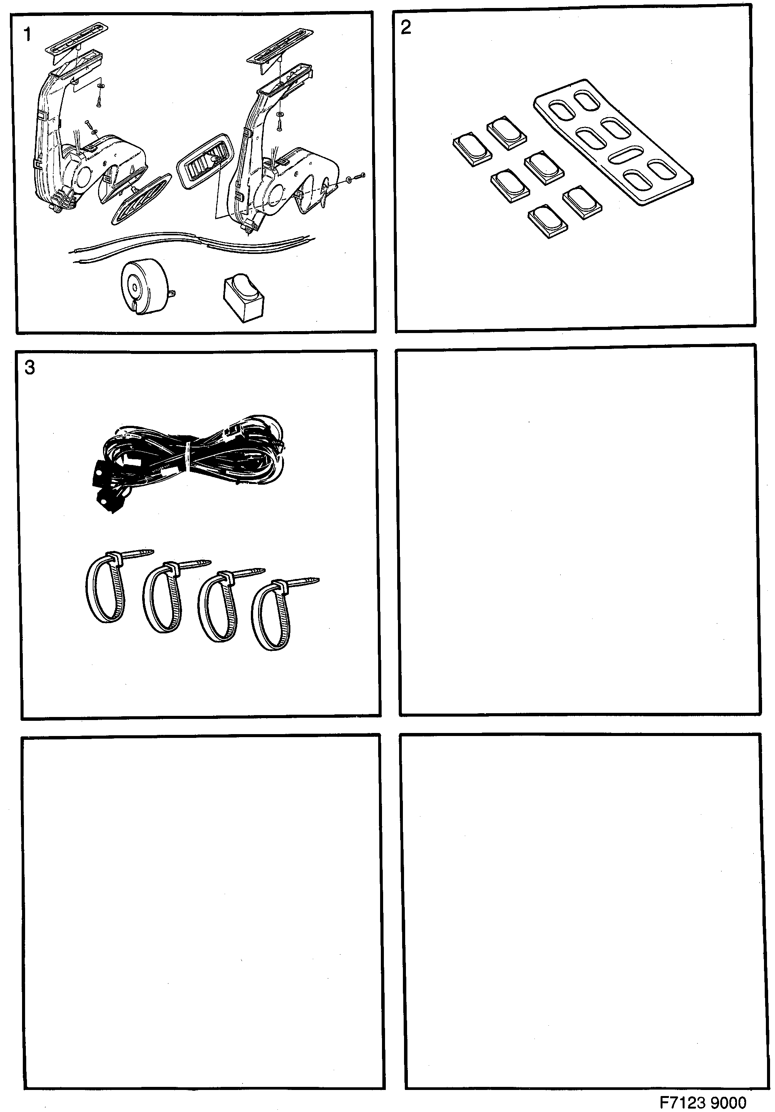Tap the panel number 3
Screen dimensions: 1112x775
pyautogui.click(x=30, y=368)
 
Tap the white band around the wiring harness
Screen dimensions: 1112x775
pyautogui.click(x=188, y=458)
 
